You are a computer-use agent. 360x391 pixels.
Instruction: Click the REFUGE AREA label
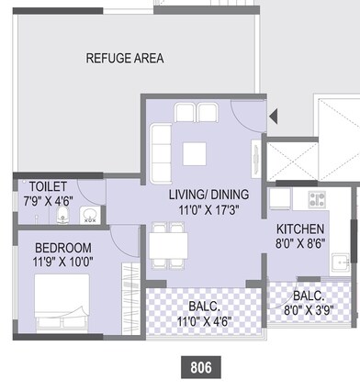(x=125, y=59)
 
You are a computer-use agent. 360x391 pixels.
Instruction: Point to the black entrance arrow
(x=273, y=116)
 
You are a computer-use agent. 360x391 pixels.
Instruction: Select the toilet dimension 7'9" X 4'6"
(x=48, y=199)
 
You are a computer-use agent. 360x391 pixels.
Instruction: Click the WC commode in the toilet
(x=62, y=216)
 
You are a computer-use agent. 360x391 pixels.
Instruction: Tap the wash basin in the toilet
(x=90, y=216)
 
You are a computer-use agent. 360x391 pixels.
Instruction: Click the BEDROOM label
(x=63, y=248)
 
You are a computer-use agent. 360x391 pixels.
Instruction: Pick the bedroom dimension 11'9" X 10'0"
(x=63, y=262)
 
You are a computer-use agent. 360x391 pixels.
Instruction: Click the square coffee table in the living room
(x=195, y=153)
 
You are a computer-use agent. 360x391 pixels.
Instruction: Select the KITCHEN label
(x=300, y=229)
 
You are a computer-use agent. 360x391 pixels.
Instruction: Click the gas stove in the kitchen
(x=318, y=198)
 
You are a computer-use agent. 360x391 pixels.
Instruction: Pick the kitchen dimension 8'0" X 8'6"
(x=300, y=245)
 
